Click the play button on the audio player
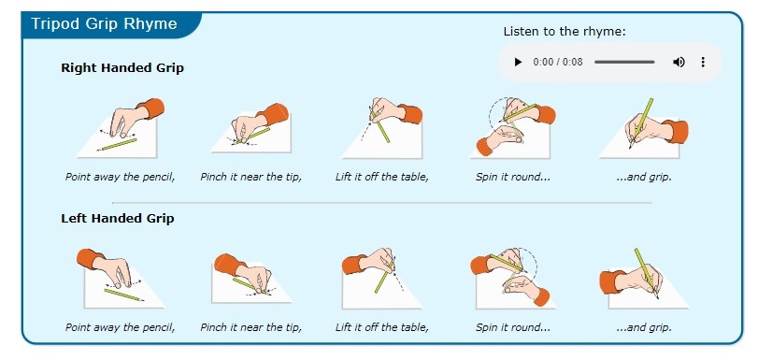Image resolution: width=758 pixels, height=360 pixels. [x=518, y=62]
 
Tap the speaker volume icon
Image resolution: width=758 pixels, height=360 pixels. [x=679, y=62]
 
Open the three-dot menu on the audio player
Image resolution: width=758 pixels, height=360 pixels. [x=703, y=62]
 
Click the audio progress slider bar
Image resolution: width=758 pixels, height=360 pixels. [x=624, y=62]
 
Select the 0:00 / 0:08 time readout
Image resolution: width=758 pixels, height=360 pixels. [x=558, y=62]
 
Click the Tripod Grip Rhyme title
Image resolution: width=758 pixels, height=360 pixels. [x=104, y=23]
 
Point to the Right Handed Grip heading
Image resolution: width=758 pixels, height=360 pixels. [x=122, y=67]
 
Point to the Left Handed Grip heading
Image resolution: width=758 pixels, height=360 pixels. [x=118, y=218]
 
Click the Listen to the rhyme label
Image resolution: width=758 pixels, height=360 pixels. [x=565, y=32]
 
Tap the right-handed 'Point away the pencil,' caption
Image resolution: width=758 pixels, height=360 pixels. [x=120, y=177]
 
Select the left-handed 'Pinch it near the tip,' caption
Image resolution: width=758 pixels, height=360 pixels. [x=250, y=327]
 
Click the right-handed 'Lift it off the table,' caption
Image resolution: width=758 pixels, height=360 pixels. [x=382, y=177]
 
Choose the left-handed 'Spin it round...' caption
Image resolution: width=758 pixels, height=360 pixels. [x=513, y=327]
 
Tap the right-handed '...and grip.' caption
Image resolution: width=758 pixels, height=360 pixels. [x=644, y=177]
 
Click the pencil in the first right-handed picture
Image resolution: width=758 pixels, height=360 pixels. [x=117, y=144]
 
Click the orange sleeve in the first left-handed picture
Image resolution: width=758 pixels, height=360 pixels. [x=91, y=259]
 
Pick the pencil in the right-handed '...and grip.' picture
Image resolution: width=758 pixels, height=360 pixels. [x=641, y=122]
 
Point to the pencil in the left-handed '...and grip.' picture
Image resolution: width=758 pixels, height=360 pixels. [x=647, y=273]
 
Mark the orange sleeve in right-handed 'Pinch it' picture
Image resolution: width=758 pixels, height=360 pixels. [x=276, y=114]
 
